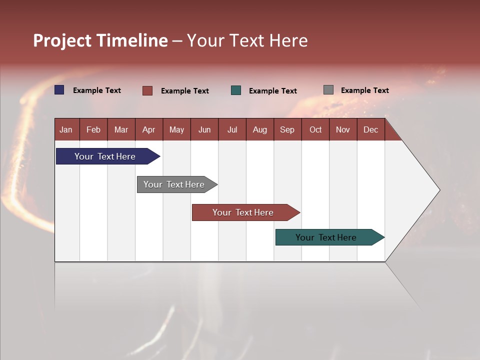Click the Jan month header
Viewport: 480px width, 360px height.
(66, 129)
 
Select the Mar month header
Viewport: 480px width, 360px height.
(121, 129)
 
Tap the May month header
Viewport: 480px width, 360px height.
(176, 129)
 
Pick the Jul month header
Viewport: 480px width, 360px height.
(232, 129)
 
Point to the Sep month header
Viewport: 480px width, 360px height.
(287, 129)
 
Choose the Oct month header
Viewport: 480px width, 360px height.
(315, 129)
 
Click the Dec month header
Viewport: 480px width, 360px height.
(370, 129)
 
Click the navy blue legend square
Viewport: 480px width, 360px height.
(59, 90)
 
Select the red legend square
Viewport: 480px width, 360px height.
(147, 90)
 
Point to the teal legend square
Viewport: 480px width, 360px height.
(236, 90)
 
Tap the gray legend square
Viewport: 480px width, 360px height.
(328, 90)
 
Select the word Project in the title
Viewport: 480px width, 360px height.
(62, 40)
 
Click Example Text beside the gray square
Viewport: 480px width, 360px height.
(364, 90)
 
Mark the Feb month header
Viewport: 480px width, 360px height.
(93, 129)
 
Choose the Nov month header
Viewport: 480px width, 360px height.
(343, 129)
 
